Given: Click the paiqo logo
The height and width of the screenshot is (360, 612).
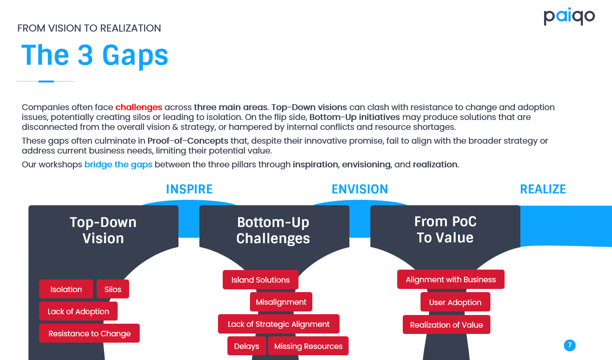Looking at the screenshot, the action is tap(569, 17).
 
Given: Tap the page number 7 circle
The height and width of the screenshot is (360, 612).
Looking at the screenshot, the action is tap(570, 345).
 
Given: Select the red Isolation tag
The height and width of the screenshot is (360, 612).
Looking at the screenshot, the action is tap(66, 289).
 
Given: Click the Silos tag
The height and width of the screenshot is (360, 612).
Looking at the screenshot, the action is tap(113, 289).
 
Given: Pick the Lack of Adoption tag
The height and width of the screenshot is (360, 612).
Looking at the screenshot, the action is tap(79, 311).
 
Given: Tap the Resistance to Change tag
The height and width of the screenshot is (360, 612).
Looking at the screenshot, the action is tap(89, 333).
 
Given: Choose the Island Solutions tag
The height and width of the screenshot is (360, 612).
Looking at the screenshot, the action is tap(260, 280).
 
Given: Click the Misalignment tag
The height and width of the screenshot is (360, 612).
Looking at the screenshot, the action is tap(281, 302).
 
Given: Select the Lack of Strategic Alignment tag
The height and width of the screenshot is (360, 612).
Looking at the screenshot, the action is tap(279, 324).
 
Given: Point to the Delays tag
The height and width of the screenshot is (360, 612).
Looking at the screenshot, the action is tap(246, 346).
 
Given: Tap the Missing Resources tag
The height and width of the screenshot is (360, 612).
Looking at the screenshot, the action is tap(308, 346).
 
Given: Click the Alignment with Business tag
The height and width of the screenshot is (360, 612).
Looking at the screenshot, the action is tap(451, 279).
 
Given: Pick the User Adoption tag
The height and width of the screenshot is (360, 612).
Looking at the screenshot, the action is tap(455, 302).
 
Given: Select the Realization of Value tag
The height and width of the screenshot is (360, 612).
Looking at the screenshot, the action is tap(447, 324).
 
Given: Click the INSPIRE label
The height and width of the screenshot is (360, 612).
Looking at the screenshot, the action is tap(190, 189).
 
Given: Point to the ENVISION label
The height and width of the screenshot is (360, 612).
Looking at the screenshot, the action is tap(360, 189).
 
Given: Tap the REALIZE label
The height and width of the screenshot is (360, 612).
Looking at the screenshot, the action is tap(543, 189).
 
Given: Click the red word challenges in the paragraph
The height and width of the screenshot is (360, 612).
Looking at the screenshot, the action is tap(139, 107).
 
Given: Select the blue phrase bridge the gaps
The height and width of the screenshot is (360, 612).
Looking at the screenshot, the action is tap(118, 165).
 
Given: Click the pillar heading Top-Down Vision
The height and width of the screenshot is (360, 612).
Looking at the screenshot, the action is tap(103, 230).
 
